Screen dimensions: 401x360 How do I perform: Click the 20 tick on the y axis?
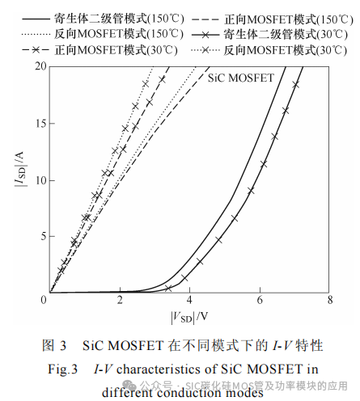coord(40,65)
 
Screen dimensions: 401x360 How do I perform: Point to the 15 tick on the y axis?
coord(40,122)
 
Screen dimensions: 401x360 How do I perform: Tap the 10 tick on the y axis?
coord(40,179)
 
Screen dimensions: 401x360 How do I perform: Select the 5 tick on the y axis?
coord(43,236)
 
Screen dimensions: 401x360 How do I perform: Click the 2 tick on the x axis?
coord(120,301)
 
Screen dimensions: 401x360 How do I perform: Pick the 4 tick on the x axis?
coord(189,301)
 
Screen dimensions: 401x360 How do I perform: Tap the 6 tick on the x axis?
coord(260,301)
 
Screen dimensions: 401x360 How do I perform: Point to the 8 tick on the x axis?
coord(329,301)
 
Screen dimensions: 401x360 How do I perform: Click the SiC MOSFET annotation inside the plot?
coord(240,79)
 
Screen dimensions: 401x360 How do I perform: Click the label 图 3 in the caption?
coord(53,346)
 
